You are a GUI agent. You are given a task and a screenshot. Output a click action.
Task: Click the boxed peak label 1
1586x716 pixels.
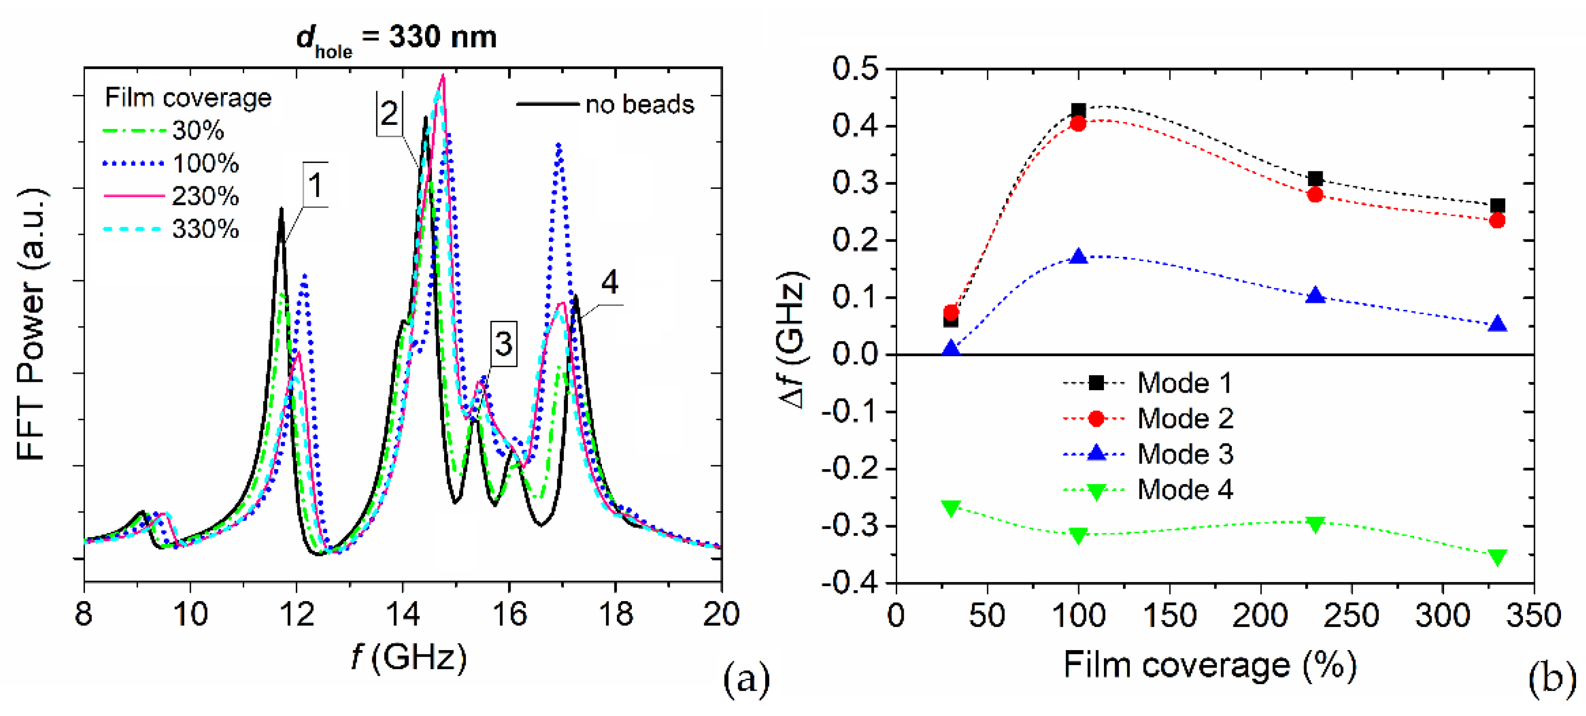(315, 185)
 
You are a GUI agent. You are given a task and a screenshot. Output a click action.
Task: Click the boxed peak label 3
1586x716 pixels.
(503, 344)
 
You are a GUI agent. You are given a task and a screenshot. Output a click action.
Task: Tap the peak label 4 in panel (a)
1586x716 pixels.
(609, 282)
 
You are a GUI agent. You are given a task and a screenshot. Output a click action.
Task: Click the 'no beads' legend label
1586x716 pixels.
(639, 104)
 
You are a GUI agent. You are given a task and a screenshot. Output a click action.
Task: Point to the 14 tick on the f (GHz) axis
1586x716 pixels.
(402, 614)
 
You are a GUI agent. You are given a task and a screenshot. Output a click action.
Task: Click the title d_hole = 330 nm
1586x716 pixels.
(397, 38)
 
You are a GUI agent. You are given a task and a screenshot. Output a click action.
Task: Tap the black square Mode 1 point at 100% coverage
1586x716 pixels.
(1078, 111)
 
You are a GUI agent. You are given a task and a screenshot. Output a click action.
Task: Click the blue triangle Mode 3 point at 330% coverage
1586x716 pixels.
(1498, 324)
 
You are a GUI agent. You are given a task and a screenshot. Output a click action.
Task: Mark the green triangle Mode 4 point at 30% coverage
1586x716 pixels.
(951, 508)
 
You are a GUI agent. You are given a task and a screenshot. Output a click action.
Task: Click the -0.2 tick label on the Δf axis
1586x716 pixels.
(850, 469)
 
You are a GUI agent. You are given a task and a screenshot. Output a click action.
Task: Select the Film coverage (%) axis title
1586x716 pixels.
(1210, 666)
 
